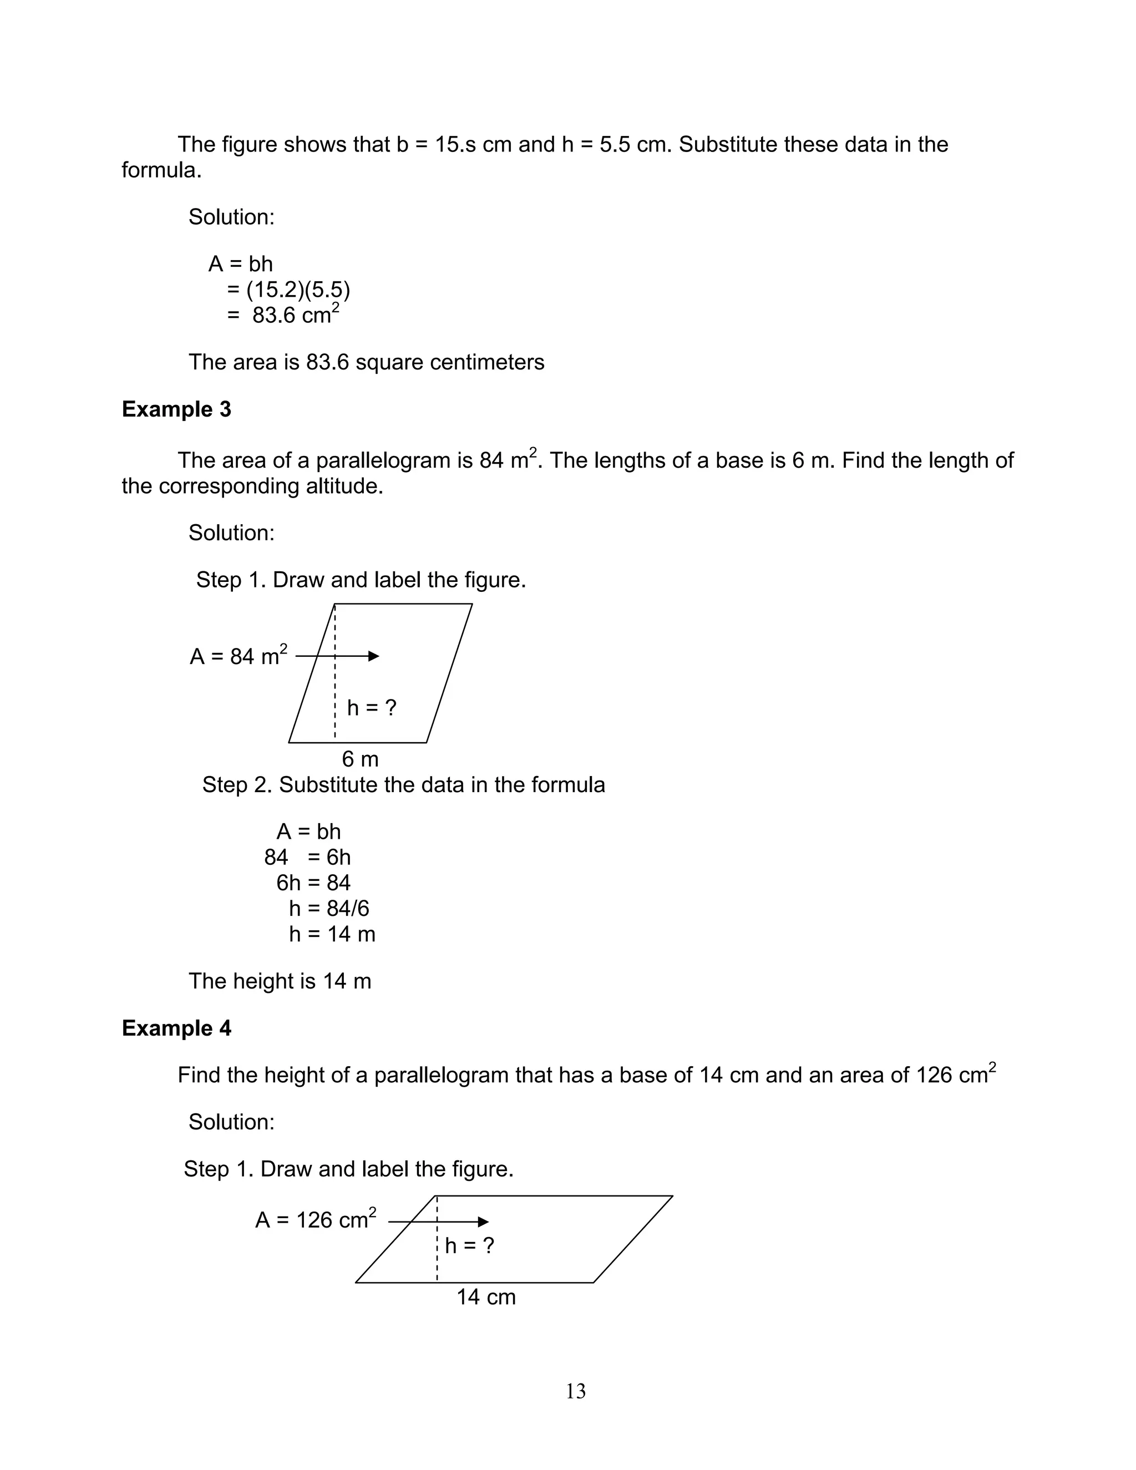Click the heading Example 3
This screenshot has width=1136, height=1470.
[x=176, y=409]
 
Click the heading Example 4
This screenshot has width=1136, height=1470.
[x=176, y=1028]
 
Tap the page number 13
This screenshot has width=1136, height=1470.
[x=575, y=1391]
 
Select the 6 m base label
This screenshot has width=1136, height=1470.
[x=360, y=759]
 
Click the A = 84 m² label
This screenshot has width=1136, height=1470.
[x=238, y=656]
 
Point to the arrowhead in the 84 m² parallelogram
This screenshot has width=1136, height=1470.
[x=374, y=656]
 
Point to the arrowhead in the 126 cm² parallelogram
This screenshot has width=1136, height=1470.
[x=483, y=1221]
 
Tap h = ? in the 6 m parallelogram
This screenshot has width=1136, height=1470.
[x=372, y=707]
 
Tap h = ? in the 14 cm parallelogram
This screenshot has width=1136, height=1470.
[x=470, y=1246]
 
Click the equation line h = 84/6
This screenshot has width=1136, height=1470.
[x=329, y=909]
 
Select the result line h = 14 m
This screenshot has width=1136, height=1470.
[x=332, y=934]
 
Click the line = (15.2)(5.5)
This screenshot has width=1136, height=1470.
[x=288, y=290]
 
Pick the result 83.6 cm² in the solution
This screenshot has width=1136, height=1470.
[x=295, y=315]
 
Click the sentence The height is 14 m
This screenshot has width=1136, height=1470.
[x=280, y=981]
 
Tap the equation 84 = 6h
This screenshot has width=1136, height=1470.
[x=307, y=858]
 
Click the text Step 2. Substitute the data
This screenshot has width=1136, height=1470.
[x=403, y=785]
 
